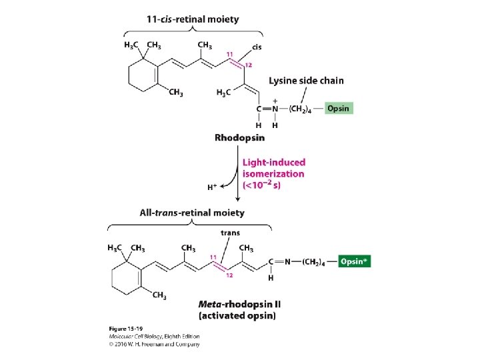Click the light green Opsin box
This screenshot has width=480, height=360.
(337, 108)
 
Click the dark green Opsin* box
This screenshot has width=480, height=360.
(354, 261)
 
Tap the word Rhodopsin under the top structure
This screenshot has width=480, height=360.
(239, 138)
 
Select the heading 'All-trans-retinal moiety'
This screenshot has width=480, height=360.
(192, 213)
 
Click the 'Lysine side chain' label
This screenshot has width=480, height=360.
(307, 81)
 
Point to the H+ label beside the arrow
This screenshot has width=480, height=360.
(212, 188)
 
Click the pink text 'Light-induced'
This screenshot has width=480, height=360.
(273, 162)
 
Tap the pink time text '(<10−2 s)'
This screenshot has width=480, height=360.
(262, 185)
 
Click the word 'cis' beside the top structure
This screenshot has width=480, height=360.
(257, 47)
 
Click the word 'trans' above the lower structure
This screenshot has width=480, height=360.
(231, 233)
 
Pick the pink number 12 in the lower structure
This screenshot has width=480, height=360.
(230, 275)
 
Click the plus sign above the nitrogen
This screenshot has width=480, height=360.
(275, 101)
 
